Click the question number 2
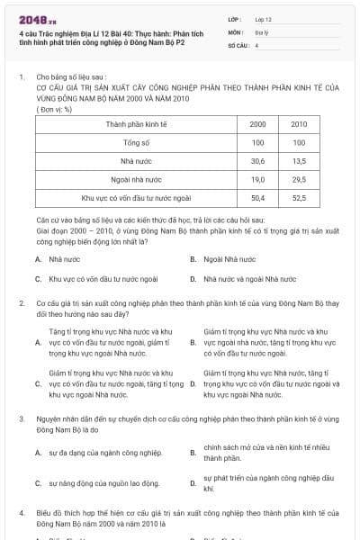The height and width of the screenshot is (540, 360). pos(21,304)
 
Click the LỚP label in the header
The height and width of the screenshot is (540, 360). pos(235,18)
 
